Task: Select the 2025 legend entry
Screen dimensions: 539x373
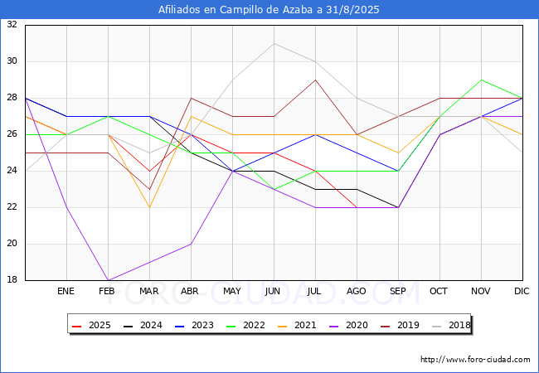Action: (91, 325)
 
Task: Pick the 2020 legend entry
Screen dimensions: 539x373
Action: (348, 325)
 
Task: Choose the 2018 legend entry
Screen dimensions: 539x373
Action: (451, 325)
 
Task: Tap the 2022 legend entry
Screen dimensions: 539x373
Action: (245, 325)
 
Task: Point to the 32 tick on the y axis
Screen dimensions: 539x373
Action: (12, 24)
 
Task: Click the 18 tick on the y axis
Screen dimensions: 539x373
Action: (12, 279)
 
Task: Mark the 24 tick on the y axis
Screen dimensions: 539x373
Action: (12, 171)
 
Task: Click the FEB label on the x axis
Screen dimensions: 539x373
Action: (107, 291)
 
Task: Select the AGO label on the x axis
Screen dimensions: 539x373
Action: (356, 291)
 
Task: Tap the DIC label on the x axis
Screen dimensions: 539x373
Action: (522, 291)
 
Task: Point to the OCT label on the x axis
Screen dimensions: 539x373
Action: (439, 291)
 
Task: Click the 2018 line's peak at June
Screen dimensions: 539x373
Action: (274, 44)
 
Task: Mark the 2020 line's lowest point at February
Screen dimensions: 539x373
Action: (109, 280)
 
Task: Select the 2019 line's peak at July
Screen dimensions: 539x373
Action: (316, 80)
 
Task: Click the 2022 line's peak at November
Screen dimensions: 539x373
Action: (481, 80)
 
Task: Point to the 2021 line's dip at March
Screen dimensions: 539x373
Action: (149, 207)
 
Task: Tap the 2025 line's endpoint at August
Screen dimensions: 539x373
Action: (357, 207)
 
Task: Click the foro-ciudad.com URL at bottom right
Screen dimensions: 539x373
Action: (475, 360)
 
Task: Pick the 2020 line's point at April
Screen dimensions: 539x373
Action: (191, 244)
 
